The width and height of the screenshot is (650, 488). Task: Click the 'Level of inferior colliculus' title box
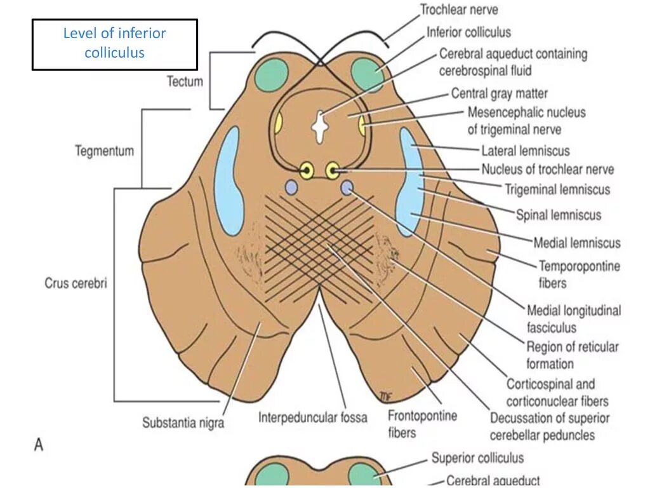coord(114,43)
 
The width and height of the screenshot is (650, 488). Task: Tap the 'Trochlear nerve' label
coord(459,10)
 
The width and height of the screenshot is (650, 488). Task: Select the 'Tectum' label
coord(185,81)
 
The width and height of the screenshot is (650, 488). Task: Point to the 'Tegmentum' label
coord(105,151)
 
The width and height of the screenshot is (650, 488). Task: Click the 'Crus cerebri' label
coord(76,283)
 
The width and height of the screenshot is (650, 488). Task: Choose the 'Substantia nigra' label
coord(183,422)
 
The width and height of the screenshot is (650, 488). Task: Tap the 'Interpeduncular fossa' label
coord(312,417)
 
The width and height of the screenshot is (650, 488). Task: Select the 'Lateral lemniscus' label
coord(526,151)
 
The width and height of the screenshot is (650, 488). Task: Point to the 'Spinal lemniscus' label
coord(558,215)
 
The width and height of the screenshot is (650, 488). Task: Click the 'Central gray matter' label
coord(500,93)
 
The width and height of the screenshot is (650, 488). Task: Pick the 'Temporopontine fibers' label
coord(580,273)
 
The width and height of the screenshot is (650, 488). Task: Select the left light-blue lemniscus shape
coord(229,181)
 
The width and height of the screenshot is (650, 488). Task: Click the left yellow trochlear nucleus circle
coord(307,170)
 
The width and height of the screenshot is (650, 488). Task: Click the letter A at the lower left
coord(39,445)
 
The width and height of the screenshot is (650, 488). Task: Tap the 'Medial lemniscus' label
coord(576,243)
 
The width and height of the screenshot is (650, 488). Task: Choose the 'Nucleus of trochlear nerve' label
coord(547,170)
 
